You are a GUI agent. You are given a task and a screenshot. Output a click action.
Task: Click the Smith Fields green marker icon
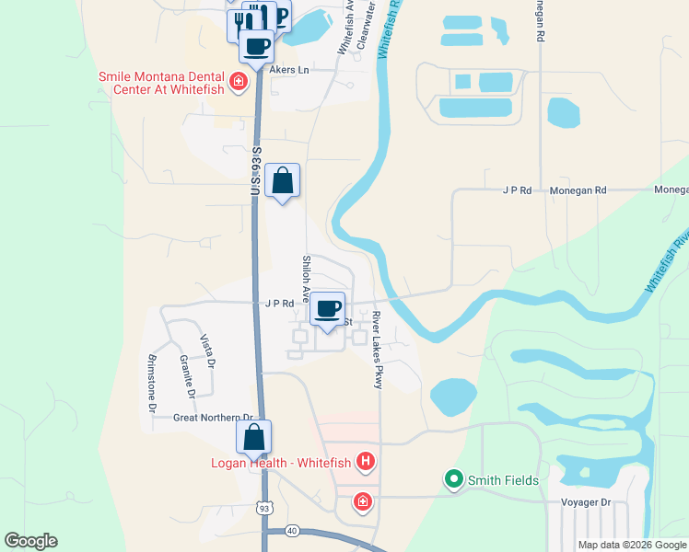(453, 479)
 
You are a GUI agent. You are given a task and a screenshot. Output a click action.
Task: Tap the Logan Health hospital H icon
(367, 461)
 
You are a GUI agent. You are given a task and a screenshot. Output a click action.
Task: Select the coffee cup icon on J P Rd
(327, 308)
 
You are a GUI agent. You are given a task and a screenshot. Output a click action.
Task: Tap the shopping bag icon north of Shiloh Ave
(283, 180)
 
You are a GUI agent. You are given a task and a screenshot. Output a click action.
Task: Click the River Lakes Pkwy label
(377, 350)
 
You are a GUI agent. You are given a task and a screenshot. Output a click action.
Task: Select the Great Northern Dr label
(213, 418)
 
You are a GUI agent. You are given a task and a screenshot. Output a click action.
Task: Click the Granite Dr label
(187, 375)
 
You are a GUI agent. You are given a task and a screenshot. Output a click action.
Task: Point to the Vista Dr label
(209, 351)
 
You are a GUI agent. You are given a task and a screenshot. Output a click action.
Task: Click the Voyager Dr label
(586, 502)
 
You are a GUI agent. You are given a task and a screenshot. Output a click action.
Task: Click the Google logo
(30, 541)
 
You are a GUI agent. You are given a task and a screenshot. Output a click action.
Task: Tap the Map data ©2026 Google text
(631, 545)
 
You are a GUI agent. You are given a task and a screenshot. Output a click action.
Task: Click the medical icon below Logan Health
(363, 502)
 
